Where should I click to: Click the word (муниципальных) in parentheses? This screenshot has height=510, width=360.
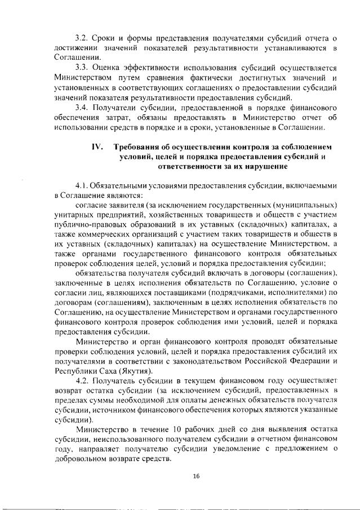(x=304, y=206)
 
